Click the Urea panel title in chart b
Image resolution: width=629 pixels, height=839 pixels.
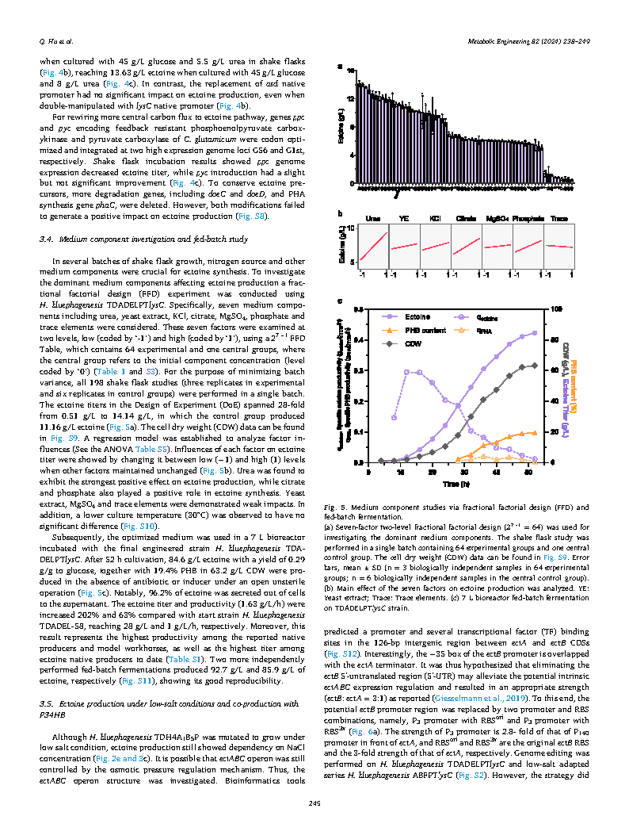[373, 218]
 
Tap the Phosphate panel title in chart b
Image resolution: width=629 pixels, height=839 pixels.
[527, 218]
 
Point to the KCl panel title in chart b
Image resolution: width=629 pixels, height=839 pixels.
[435, 218]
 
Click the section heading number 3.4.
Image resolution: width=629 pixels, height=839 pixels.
[47, 239]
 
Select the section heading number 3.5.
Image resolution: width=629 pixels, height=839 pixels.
[47, 703]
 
